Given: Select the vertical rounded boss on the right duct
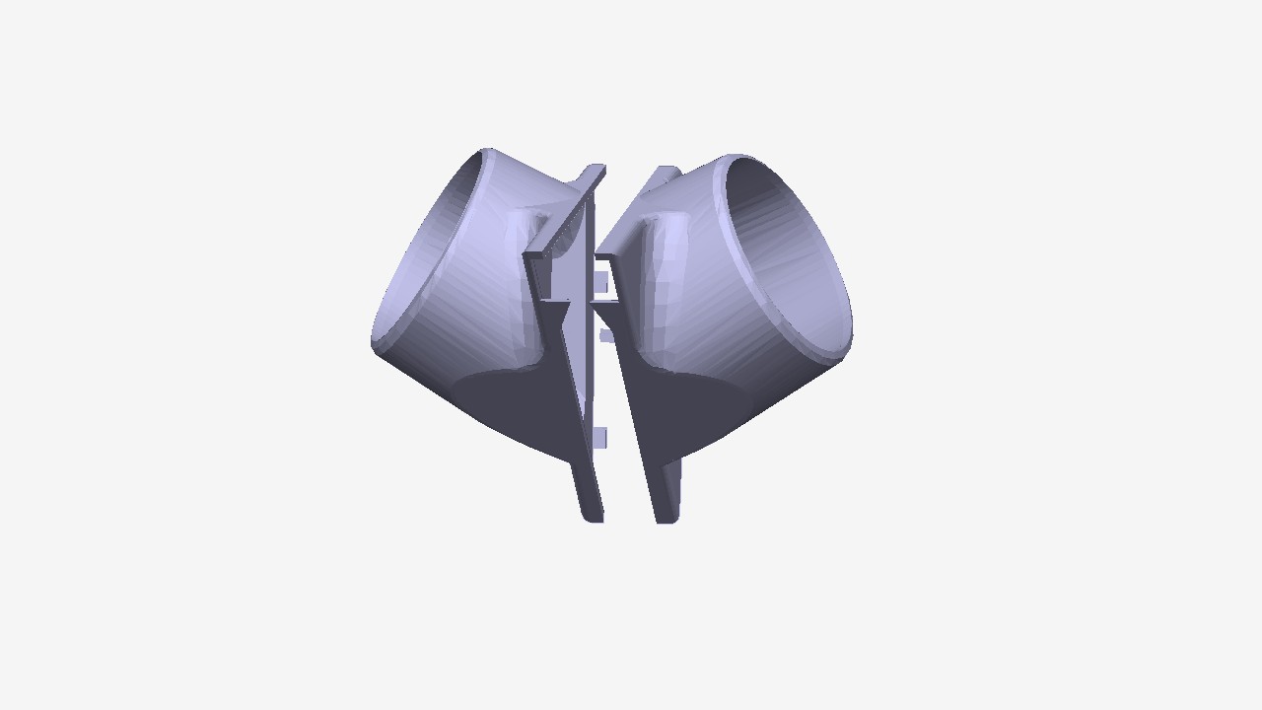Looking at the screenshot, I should (x=659, y=276).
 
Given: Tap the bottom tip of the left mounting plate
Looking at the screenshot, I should (x=592, y=515).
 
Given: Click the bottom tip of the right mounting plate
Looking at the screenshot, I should (x=667, y=516).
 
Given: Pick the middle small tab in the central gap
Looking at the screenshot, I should (x=606, y=335).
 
